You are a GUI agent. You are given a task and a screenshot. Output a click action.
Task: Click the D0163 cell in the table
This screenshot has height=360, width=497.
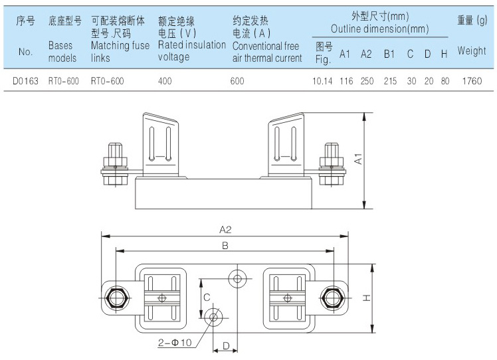coord(26,81)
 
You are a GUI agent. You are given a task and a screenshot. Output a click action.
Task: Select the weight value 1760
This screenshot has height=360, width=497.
coord(470,81)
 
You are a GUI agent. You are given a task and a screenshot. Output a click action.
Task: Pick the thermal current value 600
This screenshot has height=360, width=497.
coord(238,81)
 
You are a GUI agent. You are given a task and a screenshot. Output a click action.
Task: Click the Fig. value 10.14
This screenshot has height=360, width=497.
coord(322,81)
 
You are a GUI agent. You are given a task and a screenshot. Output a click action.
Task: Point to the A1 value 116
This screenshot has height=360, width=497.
coord(346,81)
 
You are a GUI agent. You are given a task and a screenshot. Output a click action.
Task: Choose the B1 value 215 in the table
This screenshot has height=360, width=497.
coord(390,81)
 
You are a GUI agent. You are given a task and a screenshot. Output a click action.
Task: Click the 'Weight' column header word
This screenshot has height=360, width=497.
coord(471,51)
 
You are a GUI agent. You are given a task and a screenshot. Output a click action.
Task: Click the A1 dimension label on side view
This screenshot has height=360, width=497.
coord(358,159)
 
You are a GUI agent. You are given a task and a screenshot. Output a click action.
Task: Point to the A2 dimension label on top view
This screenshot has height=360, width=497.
coord(225,230)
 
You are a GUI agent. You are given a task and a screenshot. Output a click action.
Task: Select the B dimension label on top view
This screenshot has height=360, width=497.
coord(225,245)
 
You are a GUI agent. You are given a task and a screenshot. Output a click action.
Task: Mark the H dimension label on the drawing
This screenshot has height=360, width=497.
coord(366,298)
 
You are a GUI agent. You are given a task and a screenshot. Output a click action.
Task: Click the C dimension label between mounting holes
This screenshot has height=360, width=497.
coord(207,297)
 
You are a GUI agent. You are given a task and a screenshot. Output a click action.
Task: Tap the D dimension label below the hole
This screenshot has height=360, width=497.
coord(225,345)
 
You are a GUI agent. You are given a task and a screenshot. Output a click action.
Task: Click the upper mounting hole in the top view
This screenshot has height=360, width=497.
coord(237,278)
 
